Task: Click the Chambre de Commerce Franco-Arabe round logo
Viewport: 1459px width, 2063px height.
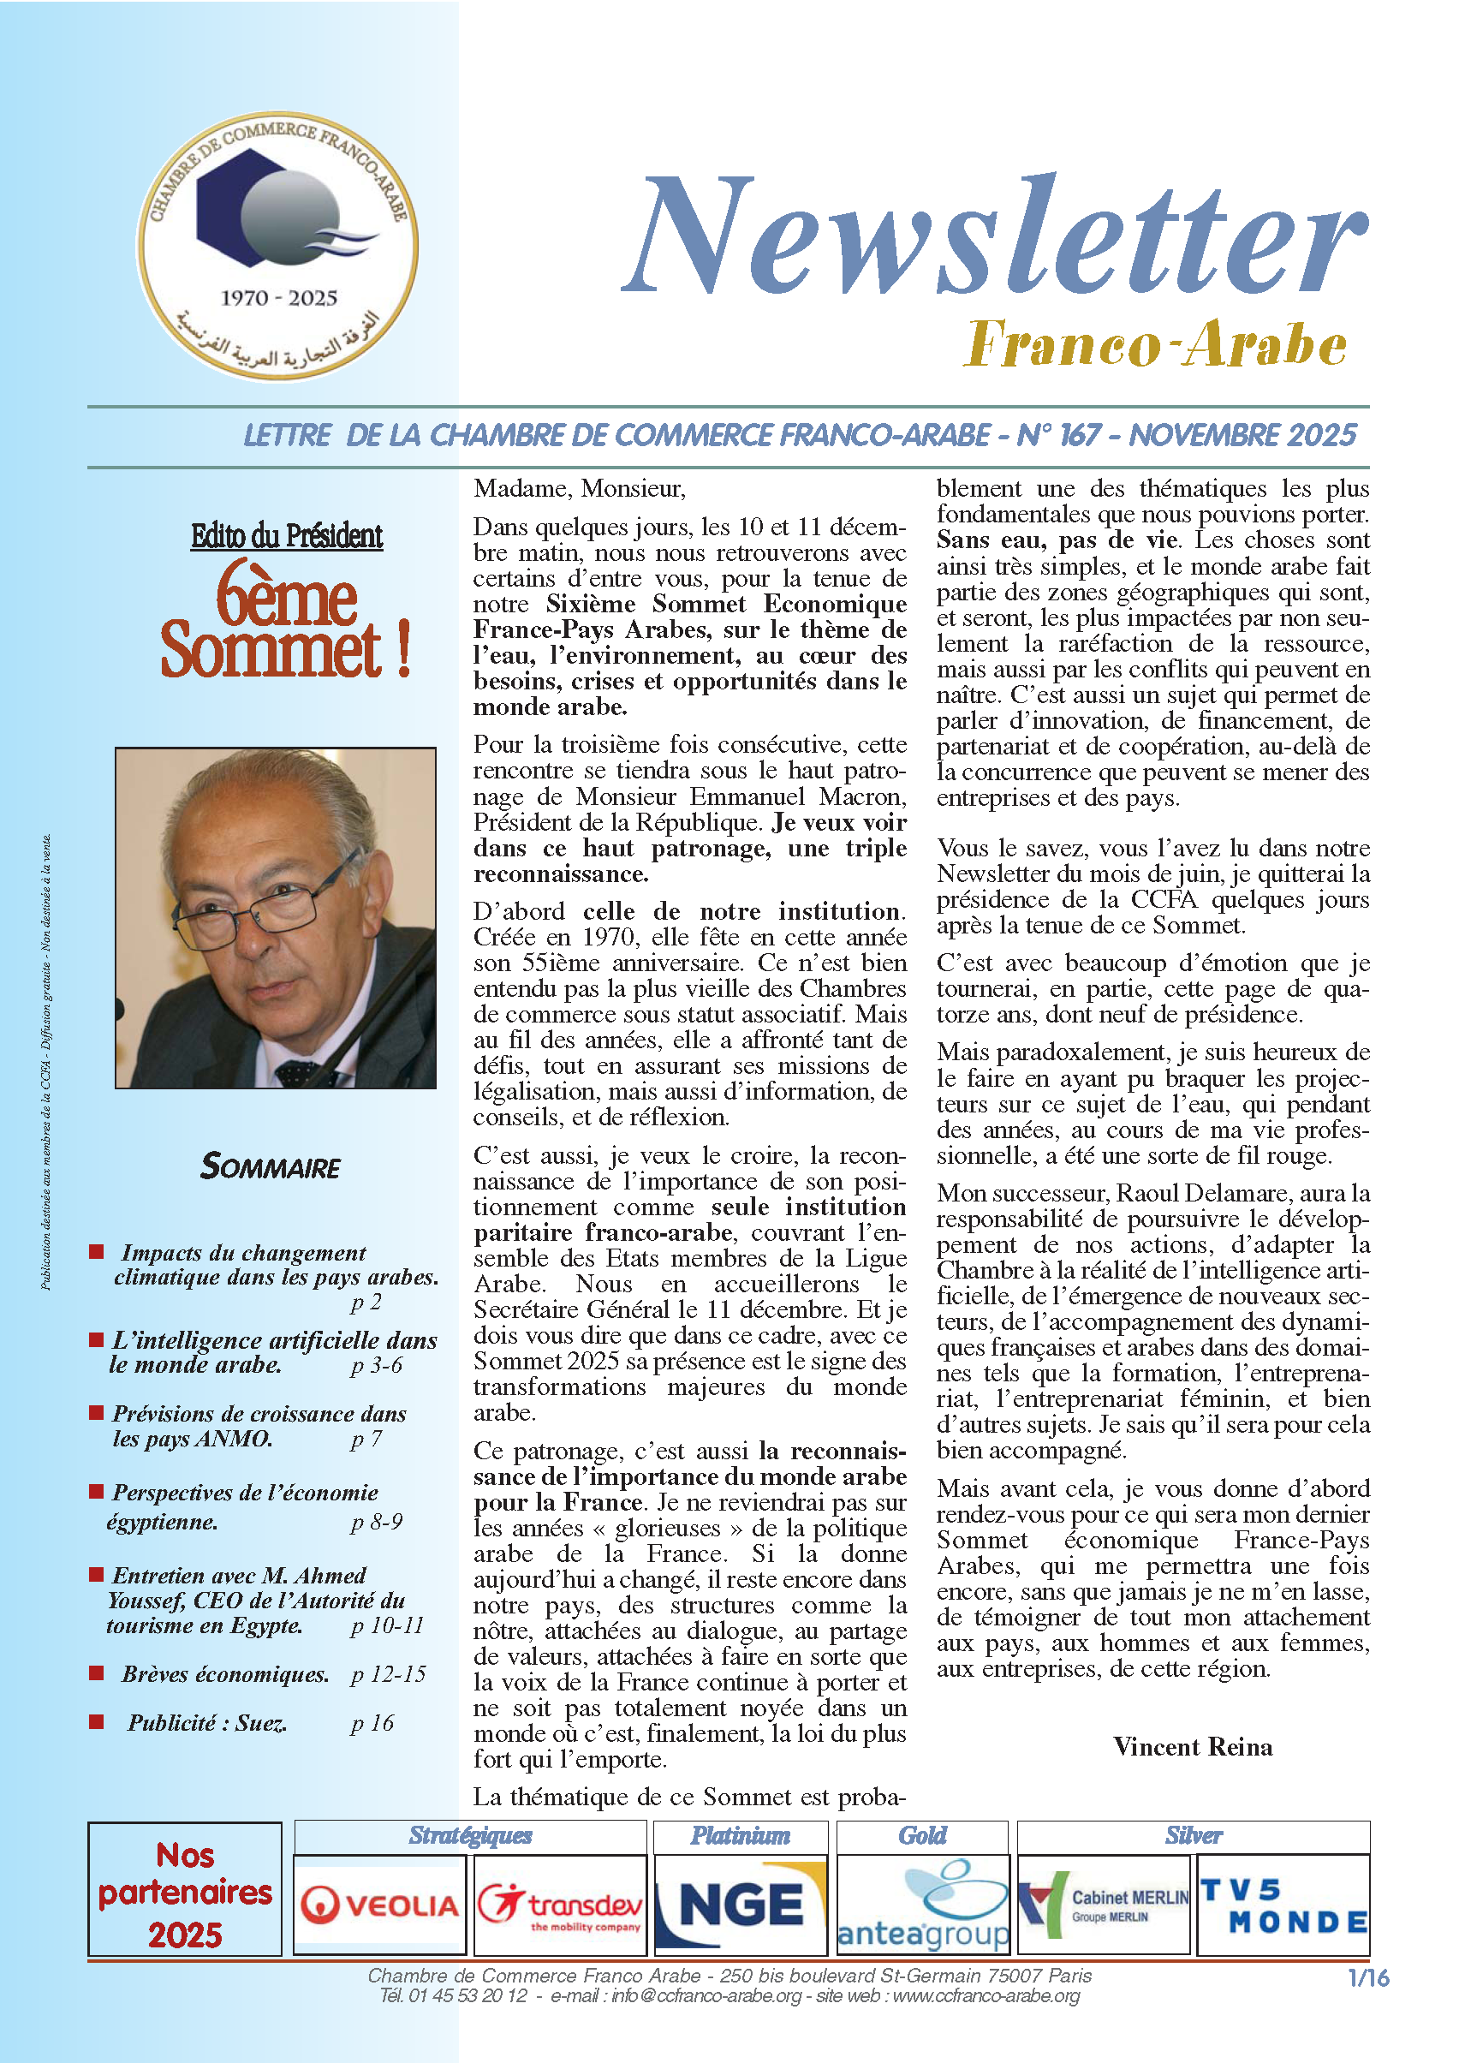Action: [x=277, y=245]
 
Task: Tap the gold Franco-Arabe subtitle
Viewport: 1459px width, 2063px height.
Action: [x=1154, y=344]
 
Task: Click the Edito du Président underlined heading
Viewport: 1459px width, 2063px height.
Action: [x=287, y=536]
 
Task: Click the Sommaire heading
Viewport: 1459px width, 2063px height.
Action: [x=271, y=1167]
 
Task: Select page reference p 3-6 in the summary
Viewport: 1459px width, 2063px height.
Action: [x=377, y=1365]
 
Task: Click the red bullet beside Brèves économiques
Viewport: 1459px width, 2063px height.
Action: [x=97, y=1672]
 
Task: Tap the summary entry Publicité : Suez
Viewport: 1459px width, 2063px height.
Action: [x=206, y=1722]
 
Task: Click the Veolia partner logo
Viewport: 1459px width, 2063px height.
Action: [x=380, y=1905]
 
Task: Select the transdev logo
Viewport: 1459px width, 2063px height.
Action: [x=560, y=1905]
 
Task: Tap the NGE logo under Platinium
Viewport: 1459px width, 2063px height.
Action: [x=741, y=1905]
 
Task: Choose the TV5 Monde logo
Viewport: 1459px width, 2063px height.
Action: [x=1283, y=1905]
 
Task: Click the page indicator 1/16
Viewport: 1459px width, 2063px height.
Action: [x=1367, y=1977]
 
